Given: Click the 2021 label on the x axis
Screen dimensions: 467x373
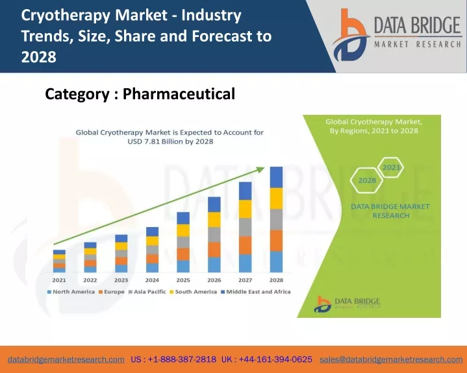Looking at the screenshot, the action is (x=59, y=280).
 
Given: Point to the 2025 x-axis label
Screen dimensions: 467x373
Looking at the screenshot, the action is (x=183, y=280).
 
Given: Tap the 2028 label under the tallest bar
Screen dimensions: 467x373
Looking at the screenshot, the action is (x=276, y=280).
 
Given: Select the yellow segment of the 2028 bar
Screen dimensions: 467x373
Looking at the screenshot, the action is (x=276, y=199).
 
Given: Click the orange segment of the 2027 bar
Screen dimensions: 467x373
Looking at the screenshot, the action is (x=245, y=245).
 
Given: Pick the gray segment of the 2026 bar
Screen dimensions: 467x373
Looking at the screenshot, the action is (x=214, y=235).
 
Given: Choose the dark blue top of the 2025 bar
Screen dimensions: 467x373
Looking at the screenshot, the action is (x=183, y=218).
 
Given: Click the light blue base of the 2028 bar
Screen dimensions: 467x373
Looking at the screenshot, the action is (x=276, y=262).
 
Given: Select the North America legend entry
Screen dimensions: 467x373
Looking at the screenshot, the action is (x=71, y=292).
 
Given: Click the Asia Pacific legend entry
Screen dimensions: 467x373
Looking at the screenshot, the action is (x=147, y=292).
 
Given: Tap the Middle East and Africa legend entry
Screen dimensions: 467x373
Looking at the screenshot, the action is (x=255, y=292).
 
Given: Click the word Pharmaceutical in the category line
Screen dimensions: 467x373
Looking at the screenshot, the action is (x=179, y=94).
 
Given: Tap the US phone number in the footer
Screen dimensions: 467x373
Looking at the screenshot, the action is (x=173, y=359).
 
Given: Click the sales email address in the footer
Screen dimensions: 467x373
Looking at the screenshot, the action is (x=391, y=359).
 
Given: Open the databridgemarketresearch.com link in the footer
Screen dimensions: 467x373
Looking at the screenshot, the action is (x=66, y=359).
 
